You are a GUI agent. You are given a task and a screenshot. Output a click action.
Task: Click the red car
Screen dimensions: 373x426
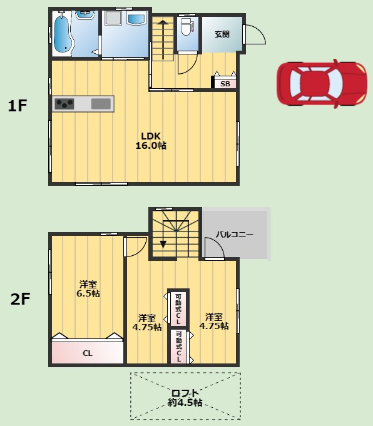point(322,83)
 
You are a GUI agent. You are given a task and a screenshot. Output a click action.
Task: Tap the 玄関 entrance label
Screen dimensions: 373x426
point(222,34)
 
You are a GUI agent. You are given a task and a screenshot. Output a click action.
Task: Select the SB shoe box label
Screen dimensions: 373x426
point(225,84)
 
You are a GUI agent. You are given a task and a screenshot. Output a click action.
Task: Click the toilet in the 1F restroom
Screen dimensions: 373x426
point(187,27)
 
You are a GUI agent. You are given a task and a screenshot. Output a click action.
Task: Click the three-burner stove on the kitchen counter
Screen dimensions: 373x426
point(64,104)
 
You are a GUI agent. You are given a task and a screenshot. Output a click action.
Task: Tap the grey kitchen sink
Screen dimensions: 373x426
point(101,104)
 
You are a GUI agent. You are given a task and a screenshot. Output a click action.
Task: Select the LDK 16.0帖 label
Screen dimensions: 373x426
point(151,141)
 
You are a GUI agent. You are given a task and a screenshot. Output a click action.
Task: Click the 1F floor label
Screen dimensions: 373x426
point(18,106)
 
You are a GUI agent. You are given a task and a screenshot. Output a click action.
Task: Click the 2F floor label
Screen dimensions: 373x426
point(20,298)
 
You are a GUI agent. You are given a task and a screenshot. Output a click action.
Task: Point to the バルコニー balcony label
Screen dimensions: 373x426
point(234,234)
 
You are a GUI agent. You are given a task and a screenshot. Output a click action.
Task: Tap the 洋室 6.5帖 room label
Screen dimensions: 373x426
point(88,289)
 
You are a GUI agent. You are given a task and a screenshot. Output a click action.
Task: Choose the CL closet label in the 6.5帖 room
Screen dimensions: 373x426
point(88,353)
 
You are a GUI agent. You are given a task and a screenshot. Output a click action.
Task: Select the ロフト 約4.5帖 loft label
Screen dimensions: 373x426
point(185,397)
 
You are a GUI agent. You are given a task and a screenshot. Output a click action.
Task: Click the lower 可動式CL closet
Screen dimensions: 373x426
point(178,346)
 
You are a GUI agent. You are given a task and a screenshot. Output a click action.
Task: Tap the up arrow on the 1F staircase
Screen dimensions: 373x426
point(163,39)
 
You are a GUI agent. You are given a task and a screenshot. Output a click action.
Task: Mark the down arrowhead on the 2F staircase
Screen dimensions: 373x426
point(163,244)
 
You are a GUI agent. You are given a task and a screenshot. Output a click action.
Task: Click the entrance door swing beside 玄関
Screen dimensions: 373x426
point(255,34)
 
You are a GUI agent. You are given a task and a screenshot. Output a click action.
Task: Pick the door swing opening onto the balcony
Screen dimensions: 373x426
point(215,248)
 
